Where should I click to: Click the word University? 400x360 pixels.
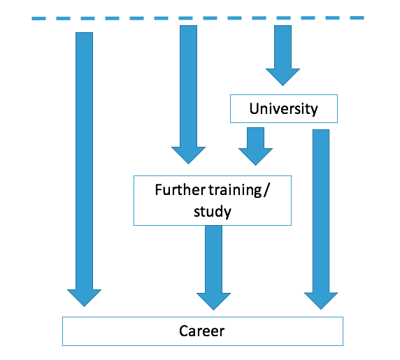click(x=283, y=109)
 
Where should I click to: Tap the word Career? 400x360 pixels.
click(x=202, y=331)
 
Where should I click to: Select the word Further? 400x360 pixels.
click(x=180, y=190)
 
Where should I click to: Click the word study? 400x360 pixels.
click(x=213, y=211)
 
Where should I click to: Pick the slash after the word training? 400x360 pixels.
click(x=266, y=190)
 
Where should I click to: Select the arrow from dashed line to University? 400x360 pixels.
click(x=283, y=55)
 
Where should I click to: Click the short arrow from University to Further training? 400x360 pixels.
click(x=255, y=146)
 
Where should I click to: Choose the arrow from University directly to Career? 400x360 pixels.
click(x=321, y=219)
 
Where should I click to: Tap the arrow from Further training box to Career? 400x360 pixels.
click(x=213, y=268)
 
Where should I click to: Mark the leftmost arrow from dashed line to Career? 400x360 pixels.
click(x=84, y=169)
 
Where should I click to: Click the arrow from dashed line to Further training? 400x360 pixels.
click(x=188, y=94)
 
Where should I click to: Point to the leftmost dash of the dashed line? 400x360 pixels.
click(x=38, y=18)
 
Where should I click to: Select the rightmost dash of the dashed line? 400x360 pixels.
click(x=357, y=18)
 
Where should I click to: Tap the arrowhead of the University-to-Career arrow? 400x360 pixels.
click(x=321, y=301)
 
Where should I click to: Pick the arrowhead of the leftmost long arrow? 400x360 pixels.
click(x=84, y=298)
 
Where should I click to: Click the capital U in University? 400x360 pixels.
click(x=255, y=108)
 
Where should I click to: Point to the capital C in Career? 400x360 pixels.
click(x=184, y=331)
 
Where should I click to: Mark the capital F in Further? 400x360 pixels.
click(x=159, y=190)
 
